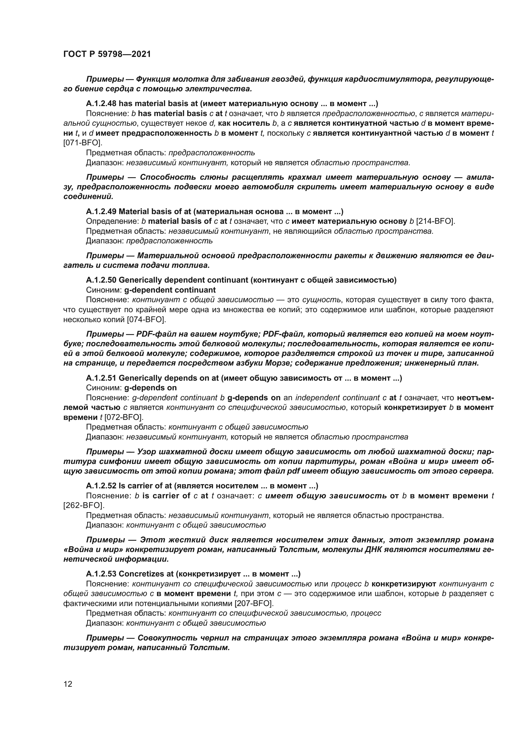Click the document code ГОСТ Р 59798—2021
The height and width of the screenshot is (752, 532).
click(x=107, y=54)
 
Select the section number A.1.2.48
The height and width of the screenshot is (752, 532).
click(x=101, y=104)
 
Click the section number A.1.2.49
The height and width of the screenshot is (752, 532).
click(x=101, y=212)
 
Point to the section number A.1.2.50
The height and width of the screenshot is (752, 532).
click(x=101, y=280)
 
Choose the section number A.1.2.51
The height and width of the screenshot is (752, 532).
click(x=101, y=378)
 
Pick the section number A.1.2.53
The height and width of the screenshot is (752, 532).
click(x=101, y=574)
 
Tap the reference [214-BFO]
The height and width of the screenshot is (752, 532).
click(x=436, y=222)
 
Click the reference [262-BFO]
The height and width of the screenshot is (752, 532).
click(x=83, y=505)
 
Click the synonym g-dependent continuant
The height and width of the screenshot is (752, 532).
click(x=170, y=290)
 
